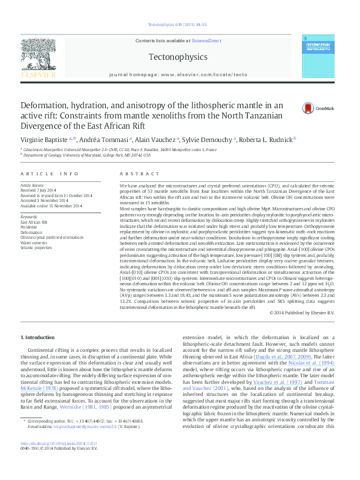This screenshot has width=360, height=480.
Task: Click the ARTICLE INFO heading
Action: [50, 174]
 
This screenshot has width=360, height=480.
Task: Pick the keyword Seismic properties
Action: [36, 247]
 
